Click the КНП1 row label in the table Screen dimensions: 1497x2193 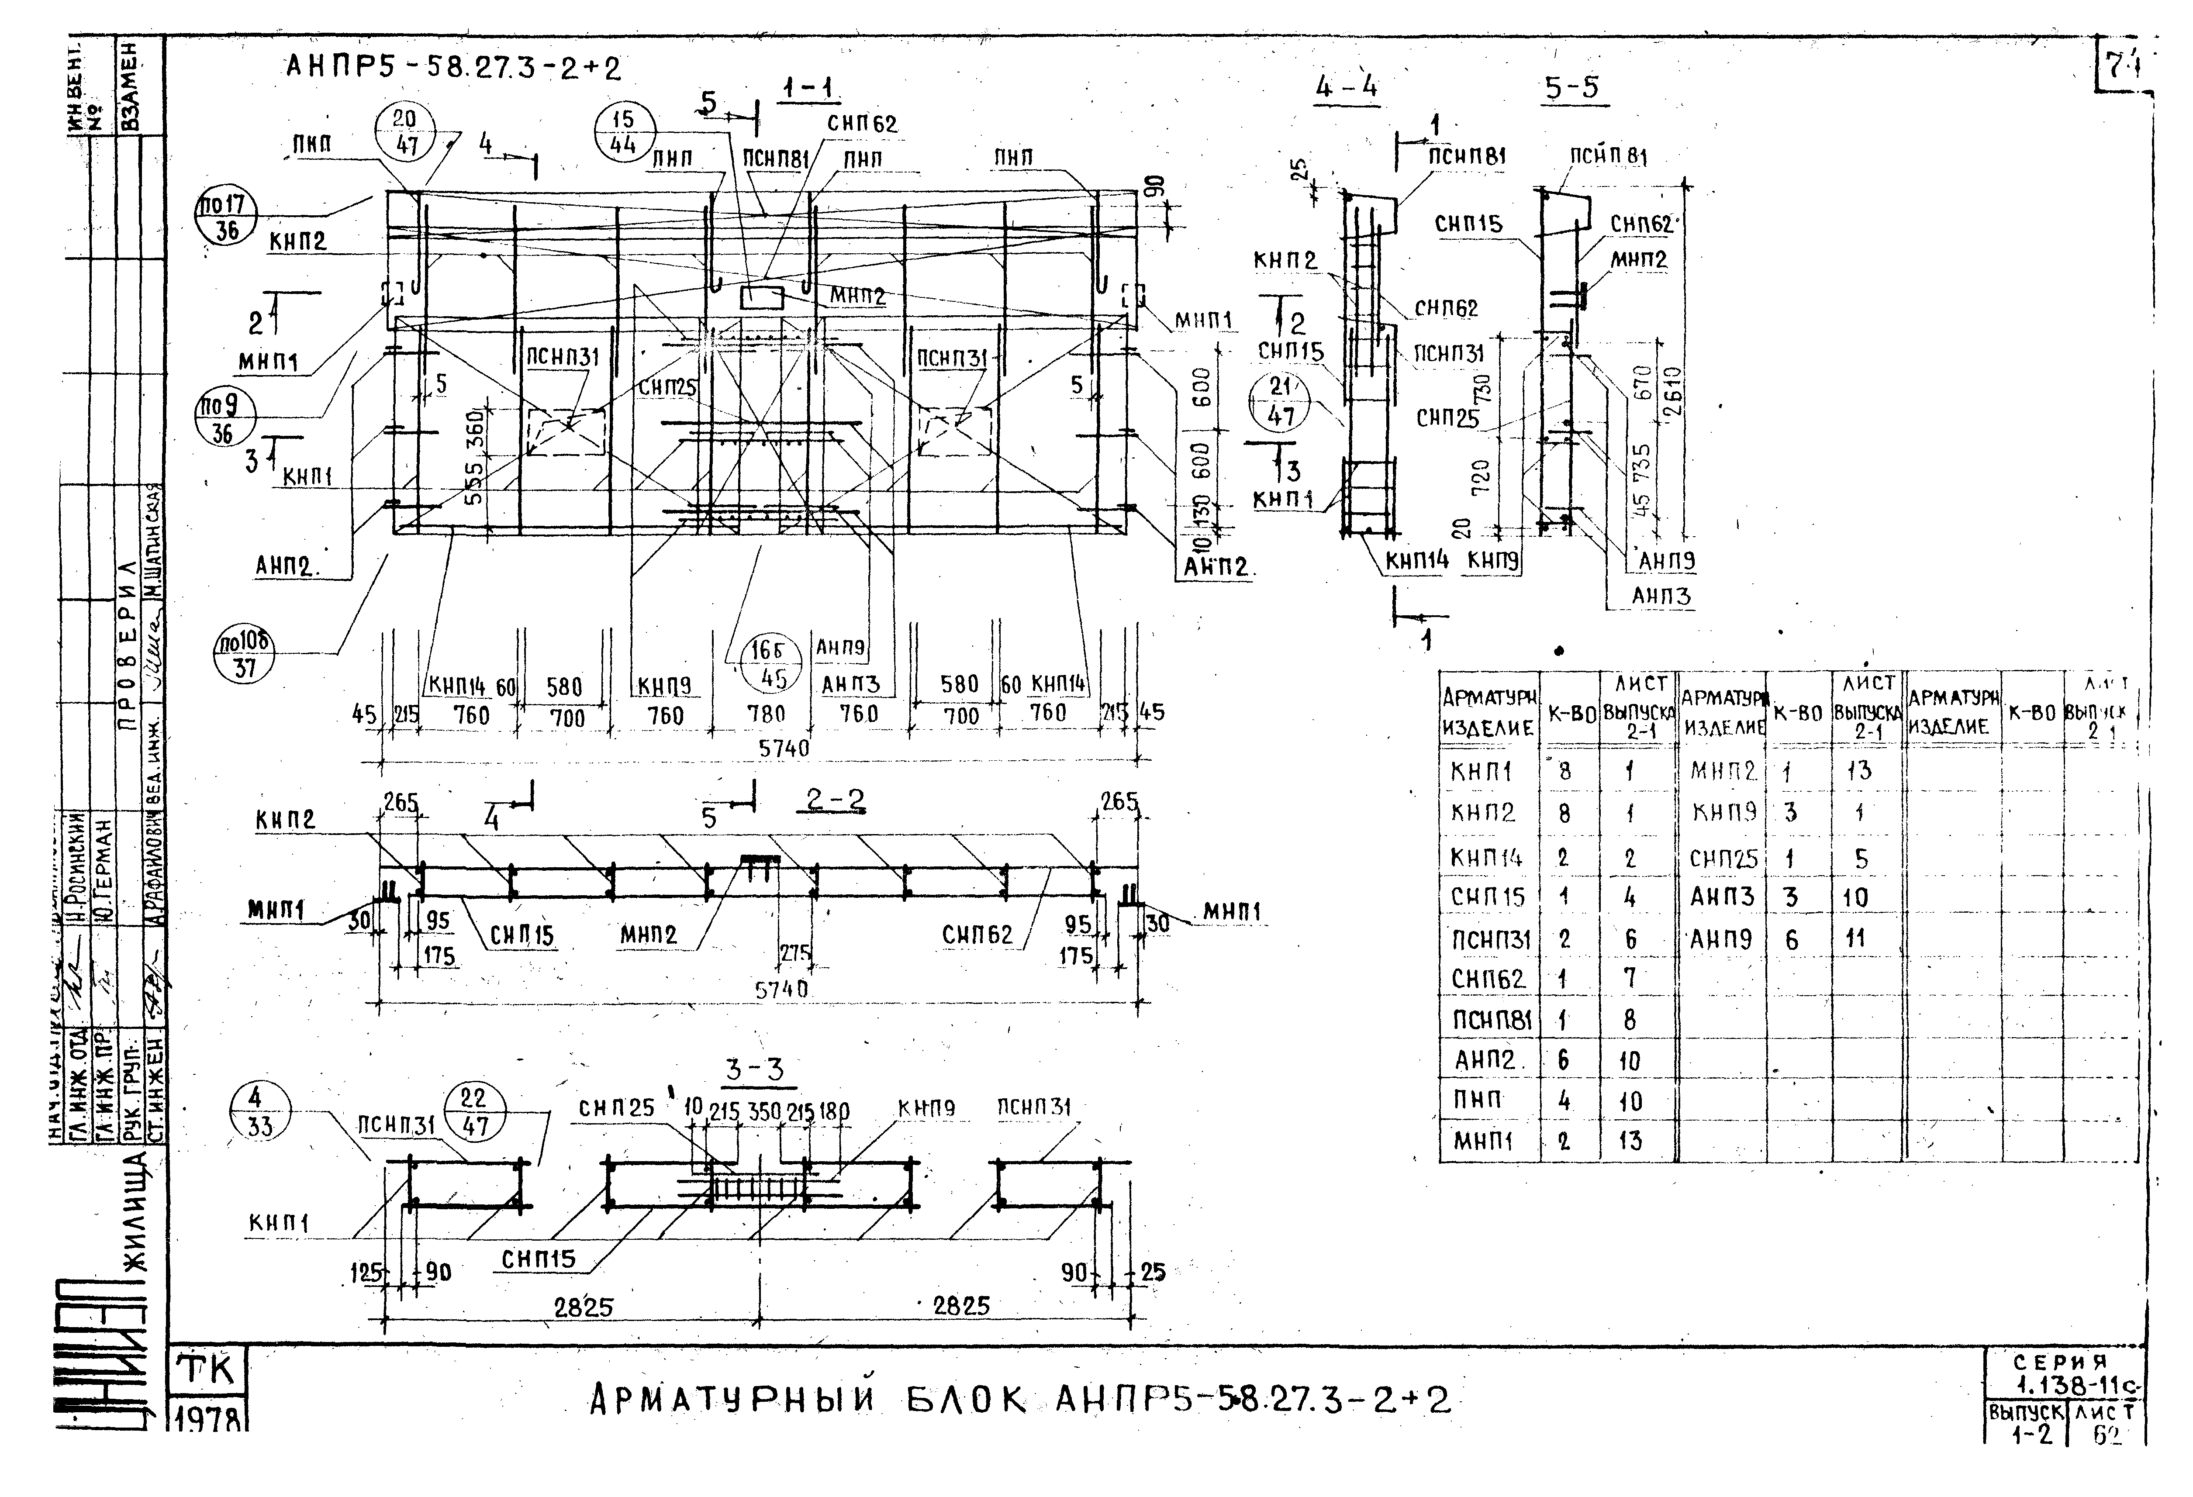[1482, 772]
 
